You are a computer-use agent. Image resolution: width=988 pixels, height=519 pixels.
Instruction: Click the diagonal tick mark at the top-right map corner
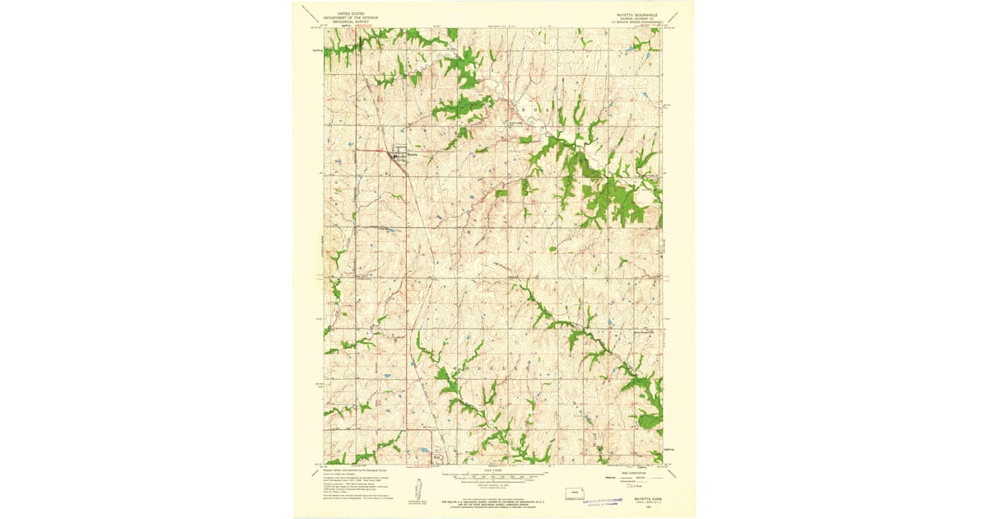[x=673, y=17]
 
